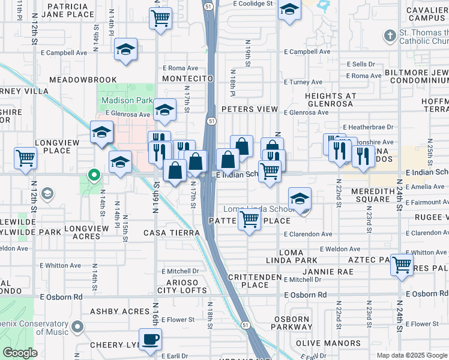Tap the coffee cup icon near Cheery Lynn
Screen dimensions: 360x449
click(150, 339)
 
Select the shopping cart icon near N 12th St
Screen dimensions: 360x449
click(26, 159)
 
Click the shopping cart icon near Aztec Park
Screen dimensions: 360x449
click(402, 264)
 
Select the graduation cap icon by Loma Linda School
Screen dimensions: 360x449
click(300, 198)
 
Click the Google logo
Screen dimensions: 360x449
click(20, 353)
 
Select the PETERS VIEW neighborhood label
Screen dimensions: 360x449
click(249, 109)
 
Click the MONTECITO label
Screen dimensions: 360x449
click(188, 79)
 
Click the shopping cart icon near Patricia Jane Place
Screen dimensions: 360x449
click(160, 19)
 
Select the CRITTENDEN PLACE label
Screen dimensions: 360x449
click(255, 281)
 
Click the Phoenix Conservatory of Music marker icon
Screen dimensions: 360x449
click(77, 327)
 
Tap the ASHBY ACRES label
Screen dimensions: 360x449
click(119, 311)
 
